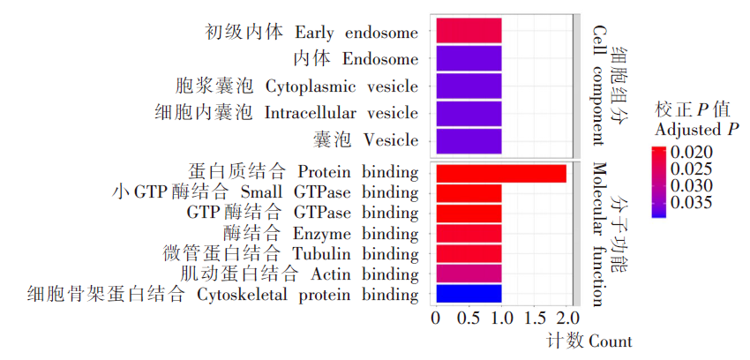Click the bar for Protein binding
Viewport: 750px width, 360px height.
pos(501,173)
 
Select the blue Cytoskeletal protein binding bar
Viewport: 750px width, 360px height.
pos(469,294)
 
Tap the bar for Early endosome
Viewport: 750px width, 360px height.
pos(469,31)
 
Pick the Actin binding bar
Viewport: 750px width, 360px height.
pos(469,273)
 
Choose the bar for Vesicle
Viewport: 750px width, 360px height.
pos(469,141)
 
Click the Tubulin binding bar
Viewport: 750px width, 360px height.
pos(469,253)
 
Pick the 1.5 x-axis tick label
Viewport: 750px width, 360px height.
pos(535,318)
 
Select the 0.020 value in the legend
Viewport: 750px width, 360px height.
pos(692,153)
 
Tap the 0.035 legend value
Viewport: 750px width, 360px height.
pos(692,202)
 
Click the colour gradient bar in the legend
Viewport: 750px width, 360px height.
pos(658,182)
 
